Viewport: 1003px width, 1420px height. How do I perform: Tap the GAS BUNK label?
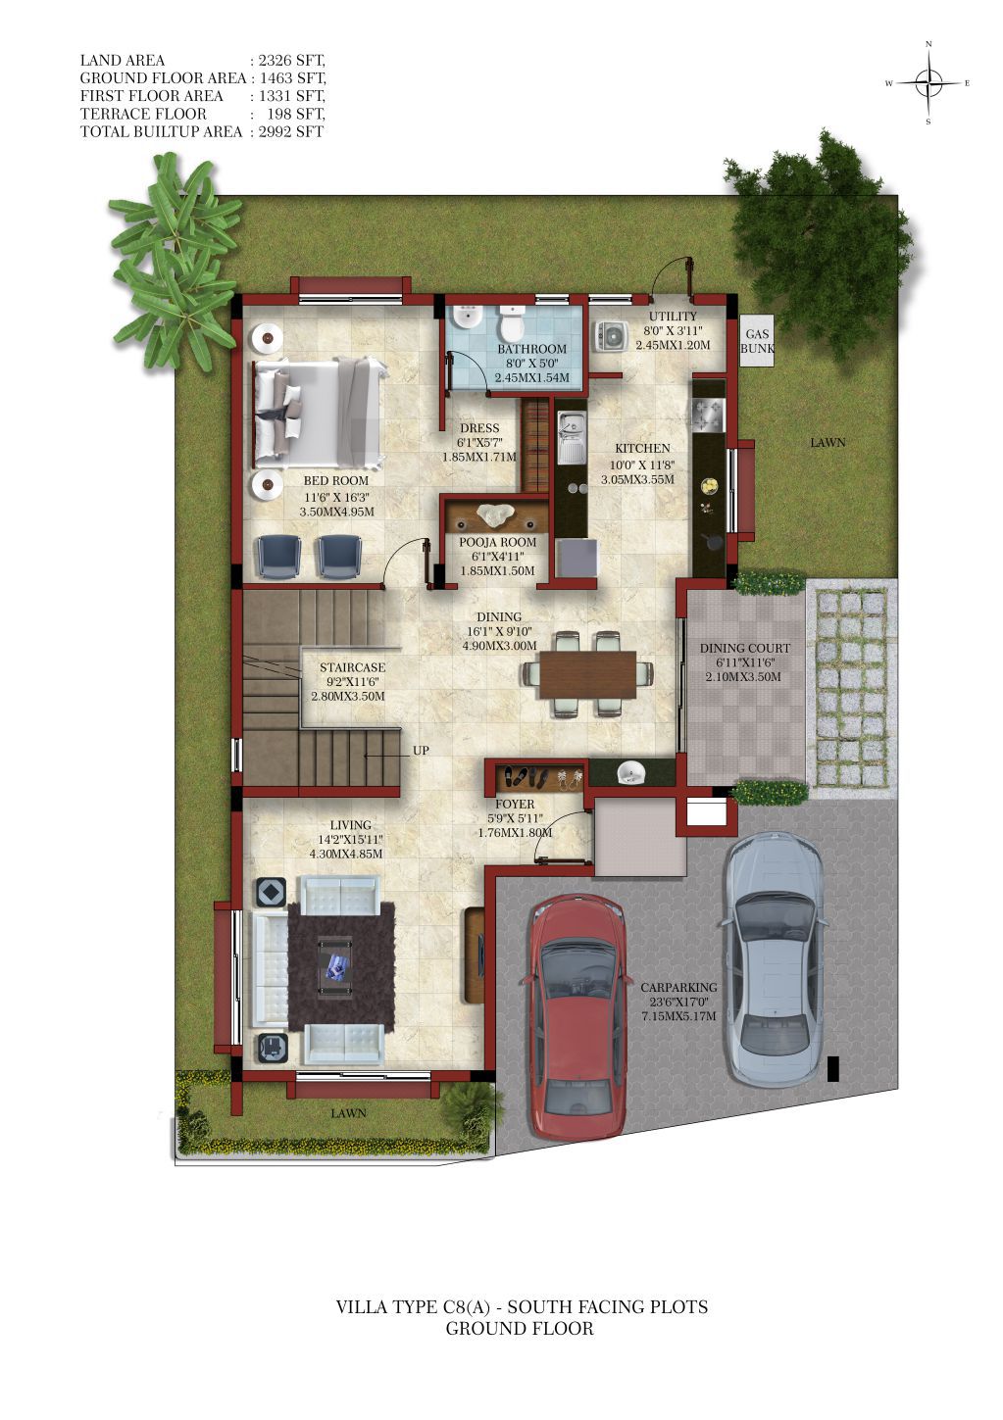click(757, 341)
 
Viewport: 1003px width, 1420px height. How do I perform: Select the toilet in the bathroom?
click(511, 322)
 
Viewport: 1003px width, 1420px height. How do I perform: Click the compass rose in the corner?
click(928, 82)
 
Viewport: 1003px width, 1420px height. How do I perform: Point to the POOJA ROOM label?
click(497, 543)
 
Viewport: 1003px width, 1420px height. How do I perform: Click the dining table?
click(587, 674)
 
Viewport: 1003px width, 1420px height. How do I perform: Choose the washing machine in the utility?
click(610, 335)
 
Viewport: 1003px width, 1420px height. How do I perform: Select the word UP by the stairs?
click(421, 751)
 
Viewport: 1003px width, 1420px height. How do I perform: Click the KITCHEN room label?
click(642, 448)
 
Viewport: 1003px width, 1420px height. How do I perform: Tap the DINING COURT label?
click(745, 648)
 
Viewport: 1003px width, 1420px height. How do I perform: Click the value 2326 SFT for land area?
click(291, 60)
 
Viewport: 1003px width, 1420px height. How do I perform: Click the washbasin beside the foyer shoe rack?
click(631, 772)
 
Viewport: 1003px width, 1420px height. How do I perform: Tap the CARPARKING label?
click(678, 987)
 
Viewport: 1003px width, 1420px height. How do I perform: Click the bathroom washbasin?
click(467, 317)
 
